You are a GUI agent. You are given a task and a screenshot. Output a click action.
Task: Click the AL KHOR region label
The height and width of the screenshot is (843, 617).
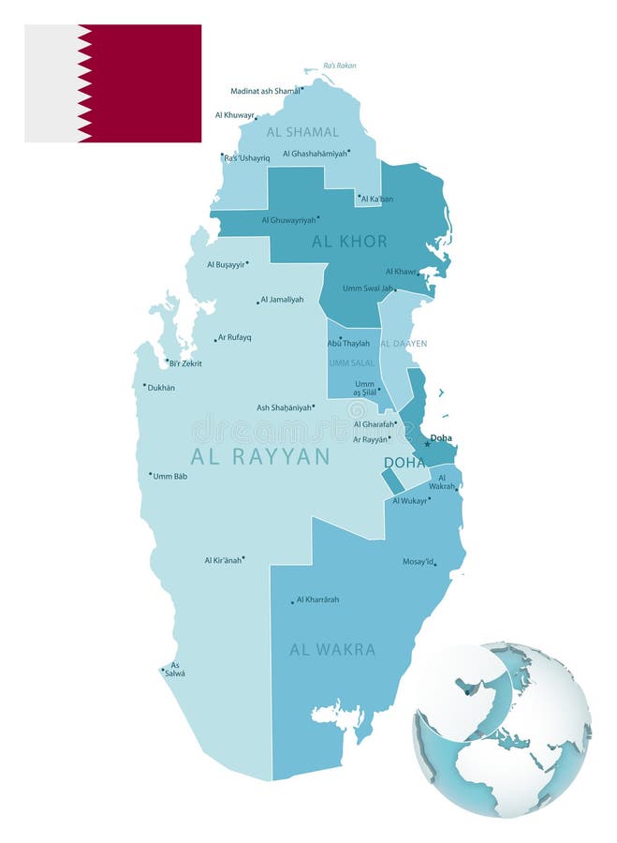click(349, 241)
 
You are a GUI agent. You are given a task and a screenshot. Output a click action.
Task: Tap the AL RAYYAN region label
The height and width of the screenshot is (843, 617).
click(260, 456)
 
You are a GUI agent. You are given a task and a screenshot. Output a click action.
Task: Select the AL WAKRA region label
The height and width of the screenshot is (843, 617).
click(332, 649)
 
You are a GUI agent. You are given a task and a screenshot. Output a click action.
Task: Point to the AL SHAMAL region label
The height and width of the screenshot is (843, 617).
click(302, 132)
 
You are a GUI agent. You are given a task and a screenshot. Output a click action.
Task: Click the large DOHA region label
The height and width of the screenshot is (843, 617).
click(404, 463)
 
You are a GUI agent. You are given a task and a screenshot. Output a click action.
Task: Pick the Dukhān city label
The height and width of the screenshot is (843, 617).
click(161, 387)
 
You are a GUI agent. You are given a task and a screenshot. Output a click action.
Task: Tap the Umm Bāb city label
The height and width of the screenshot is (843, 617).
click(169, 476)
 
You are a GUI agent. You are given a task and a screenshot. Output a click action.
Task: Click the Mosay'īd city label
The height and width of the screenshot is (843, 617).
click(419, 562)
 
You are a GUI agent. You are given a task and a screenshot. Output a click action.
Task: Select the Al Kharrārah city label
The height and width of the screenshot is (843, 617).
click(317, 599)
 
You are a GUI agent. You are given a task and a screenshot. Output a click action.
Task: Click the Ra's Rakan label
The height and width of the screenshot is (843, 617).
click(339, 66)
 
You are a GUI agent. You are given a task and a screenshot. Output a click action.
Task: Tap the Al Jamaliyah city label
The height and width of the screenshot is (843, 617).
click(282, 300)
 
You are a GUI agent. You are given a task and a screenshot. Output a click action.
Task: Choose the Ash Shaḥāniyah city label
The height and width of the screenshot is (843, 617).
click(285, 407)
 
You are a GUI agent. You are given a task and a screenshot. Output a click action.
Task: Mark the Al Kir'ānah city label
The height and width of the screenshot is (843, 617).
click(223, 560)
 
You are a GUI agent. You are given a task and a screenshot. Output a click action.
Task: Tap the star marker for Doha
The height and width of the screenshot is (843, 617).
click(427, 444)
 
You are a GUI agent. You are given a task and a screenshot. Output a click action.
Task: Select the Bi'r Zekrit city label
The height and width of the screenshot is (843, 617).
click(185, 363)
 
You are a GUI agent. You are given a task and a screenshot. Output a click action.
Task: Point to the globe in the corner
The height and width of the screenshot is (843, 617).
click(502, 730)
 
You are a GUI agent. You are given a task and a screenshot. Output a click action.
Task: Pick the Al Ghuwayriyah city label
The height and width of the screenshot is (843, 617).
click(287, 220)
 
